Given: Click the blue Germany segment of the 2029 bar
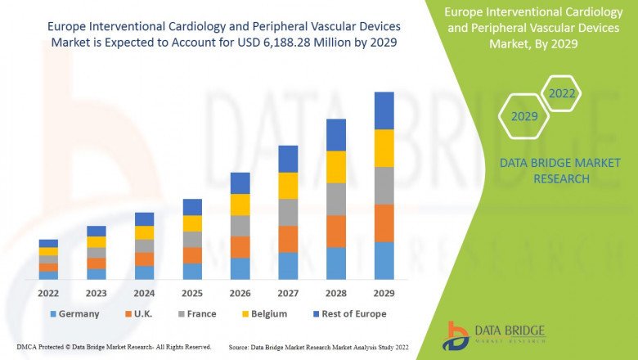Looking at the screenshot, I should [x=384, y=260].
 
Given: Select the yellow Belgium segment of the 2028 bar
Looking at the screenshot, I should [x=336, y=167].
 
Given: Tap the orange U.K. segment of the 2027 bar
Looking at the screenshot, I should [x=288, y=239].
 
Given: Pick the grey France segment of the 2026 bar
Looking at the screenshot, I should [x=240, y=226].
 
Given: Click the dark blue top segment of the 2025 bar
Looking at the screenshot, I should [x=192, y=207].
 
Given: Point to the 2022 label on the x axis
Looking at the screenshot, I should [x=48, y=291].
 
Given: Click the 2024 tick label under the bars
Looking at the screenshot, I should [x=144, y=291].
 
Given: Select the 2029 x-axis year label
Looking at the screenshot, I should [x=384, y=291].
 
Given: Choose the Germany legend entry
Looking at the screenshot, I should [x=75, y=313].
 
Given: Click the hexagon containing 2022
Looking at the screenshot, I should [x=562, y=93].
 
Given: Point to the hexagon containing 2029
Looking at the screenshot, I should [x=524, y=117].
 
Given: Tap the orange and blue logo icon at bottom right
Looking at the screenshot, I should [x=456, y=335].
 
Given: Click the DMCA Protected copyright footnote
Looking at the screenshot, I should [x=114, y=347].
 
